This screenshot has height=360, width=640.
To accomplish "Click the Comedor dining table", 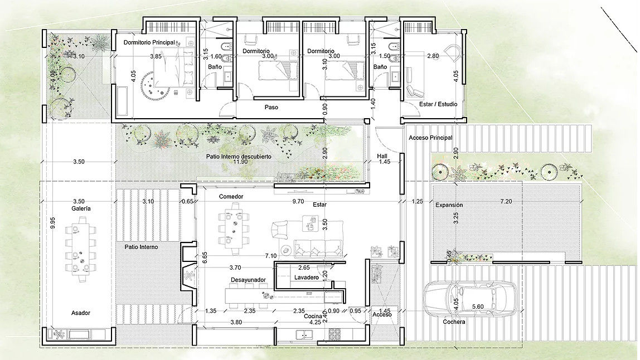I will (x=232, y=227).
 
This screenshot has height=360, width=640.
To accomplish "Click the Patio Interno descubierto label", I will (x=239, y=157).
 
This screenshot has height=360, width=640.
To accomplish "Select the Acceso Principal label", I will (x=430, y=138).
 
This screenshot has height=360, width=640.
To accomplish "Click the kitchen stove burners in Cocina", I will (x=336, y=334).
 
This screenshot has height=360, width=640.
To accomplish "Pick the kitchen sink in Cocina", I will (x=304, y=334).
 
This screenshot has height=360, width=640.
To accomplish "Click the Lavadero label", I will (x=306, y=277).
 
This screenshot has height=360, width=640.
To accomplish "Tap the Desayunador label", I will (x=248, y=280).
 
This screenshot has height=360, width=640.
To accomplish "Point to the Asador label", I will (x=80, y=313).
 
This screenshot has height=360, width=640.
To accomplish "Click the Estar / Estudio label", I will (x=438, y=104).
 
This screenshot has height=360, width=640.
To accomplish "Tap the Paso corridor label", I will (x=271, y=107).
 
